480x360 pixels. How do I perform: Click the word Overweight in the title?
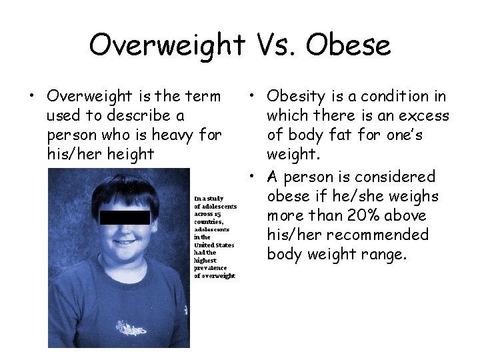coord(167,45)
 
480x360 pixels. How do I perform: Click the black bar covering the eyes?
coord(125,217)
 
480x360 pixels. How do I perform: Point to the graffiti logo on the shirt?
coord(130,329)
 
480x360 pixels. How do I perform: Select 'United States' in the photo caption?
coord(214,245)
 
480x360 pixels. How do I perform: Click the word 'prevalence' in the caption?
coord(210,268)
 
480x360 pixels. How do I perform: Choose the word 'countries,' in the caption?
coord(209,222)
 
